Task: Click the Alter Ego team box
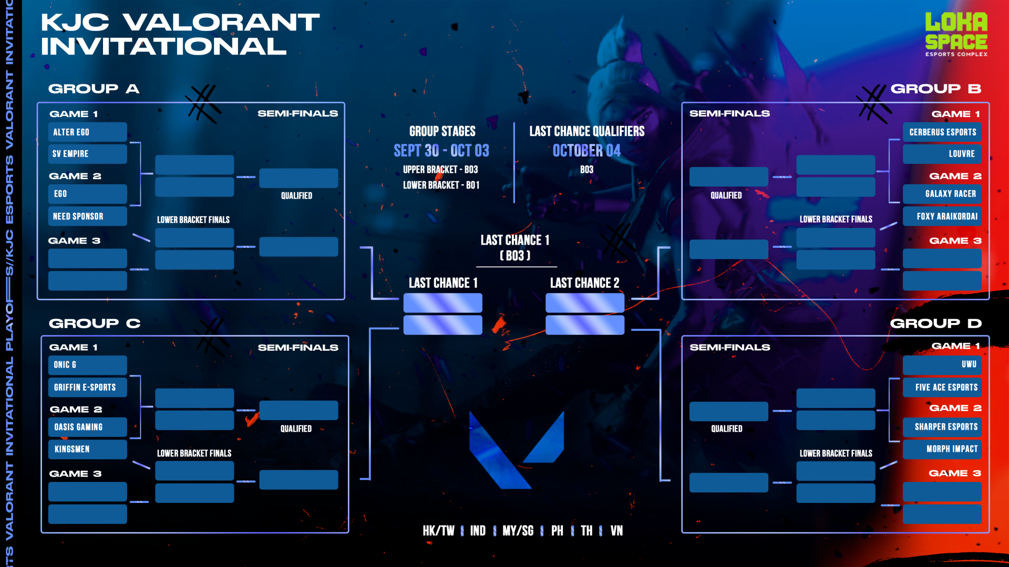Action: [87, 132]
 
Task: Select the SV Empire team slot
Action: [87, 154]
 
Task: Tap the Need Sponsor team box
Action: [87, 216]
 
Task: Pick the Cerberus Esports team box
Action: [942, 132]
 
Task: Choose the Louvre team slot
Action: [942, 154]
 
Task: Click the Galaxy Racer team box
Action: [942, 194]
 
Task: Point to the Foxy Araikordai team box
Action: [942, 216]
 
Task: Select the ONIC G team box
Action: [87, 365]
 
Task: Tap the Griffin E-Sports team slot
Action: [87, 387]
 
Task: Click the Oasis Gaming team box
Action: [87, 427]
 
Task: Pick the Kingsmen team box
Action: [87, 449]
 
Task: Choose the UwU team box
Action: [942, 364]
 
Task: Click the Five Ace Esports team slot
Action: [942, 387]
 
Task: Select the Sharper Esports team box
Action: [942, 427]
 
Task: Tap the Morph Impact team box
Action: [942, 449]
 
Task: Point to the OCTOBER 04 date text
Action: [586, 151]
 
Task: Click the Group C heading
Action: [95, 323]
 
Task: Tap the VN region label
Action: [616, 531]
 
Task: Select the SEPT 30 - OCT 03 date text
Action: [441, 151]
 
